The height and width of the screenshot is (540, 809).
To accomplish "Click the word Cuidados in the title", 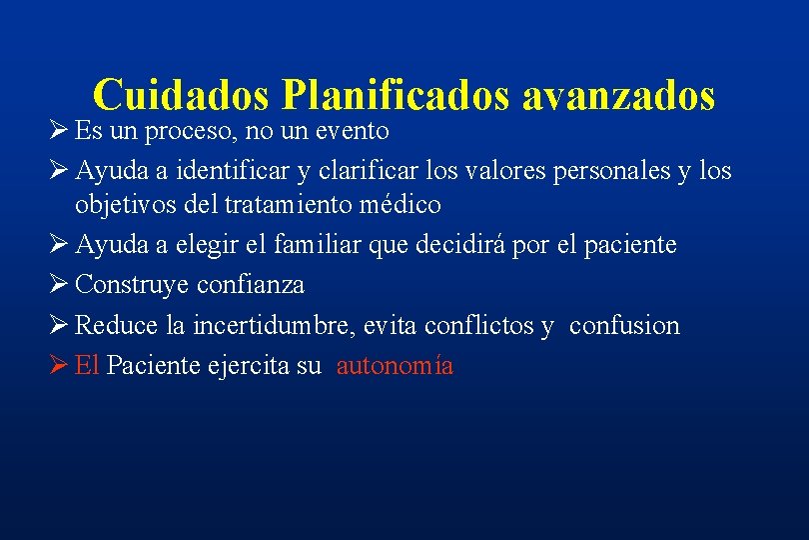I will [x=183, y=96].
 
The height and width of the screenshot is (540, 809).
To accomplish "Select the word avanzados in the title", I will [x=618, y=96].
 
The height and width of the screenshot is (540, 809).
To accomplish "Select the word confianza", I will [x=253, y=285].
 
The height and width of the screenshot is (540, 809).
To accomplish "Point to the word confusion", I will [x=624, y=325].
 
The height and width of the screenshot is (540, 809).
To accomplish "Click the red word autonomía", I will [x=395, y=365].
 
